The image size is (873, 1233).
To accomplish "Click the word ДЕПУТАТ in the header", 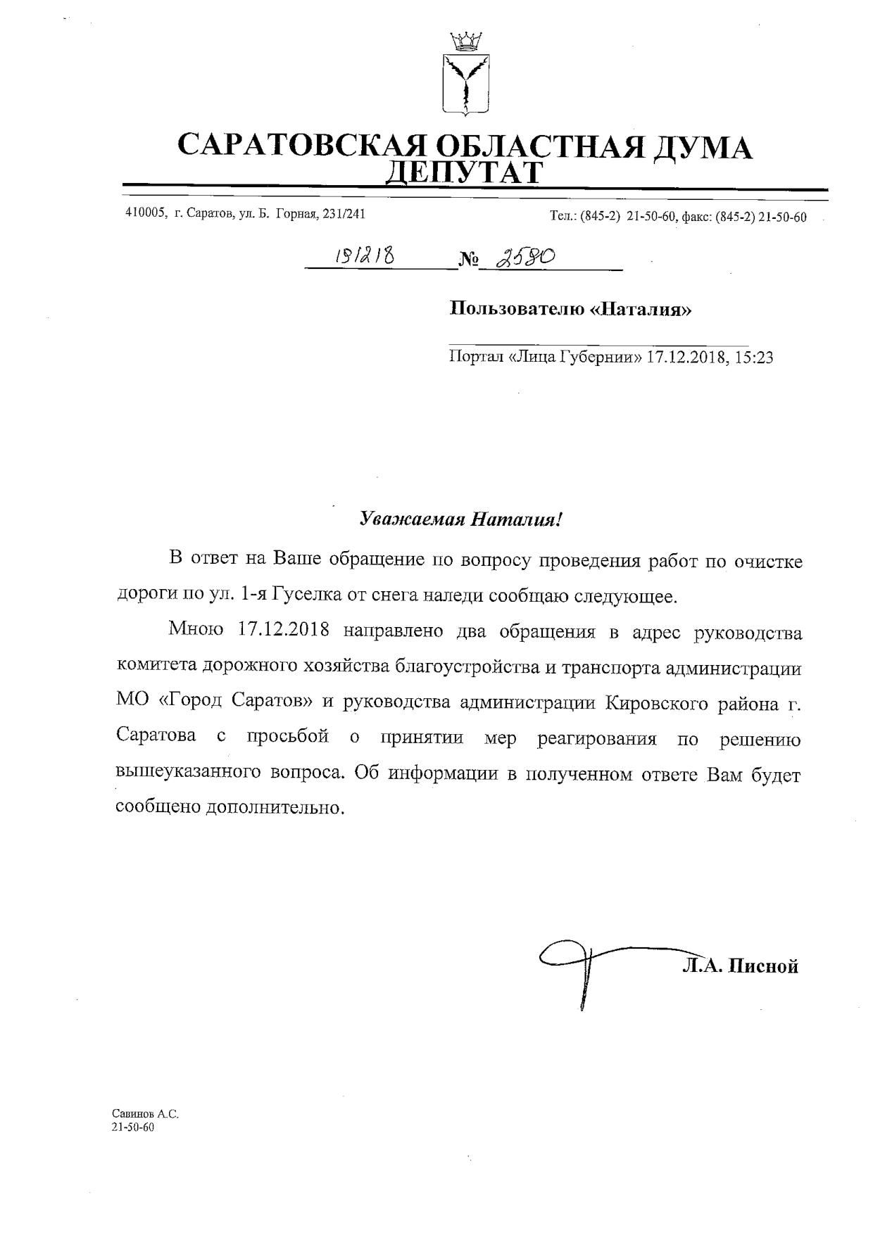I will pyautogui.click(x=465, y=172).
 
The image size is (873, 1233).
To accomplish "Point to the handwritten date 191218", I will pyautogui.click(x=364, y=258).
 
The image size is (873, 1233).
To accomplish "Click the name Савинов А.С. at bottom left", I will pyautogui.click(x=146, y=1114).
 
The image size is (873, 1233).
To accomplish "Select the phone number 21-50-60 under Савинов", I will pyautogui.click(x=133, y=1127).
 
